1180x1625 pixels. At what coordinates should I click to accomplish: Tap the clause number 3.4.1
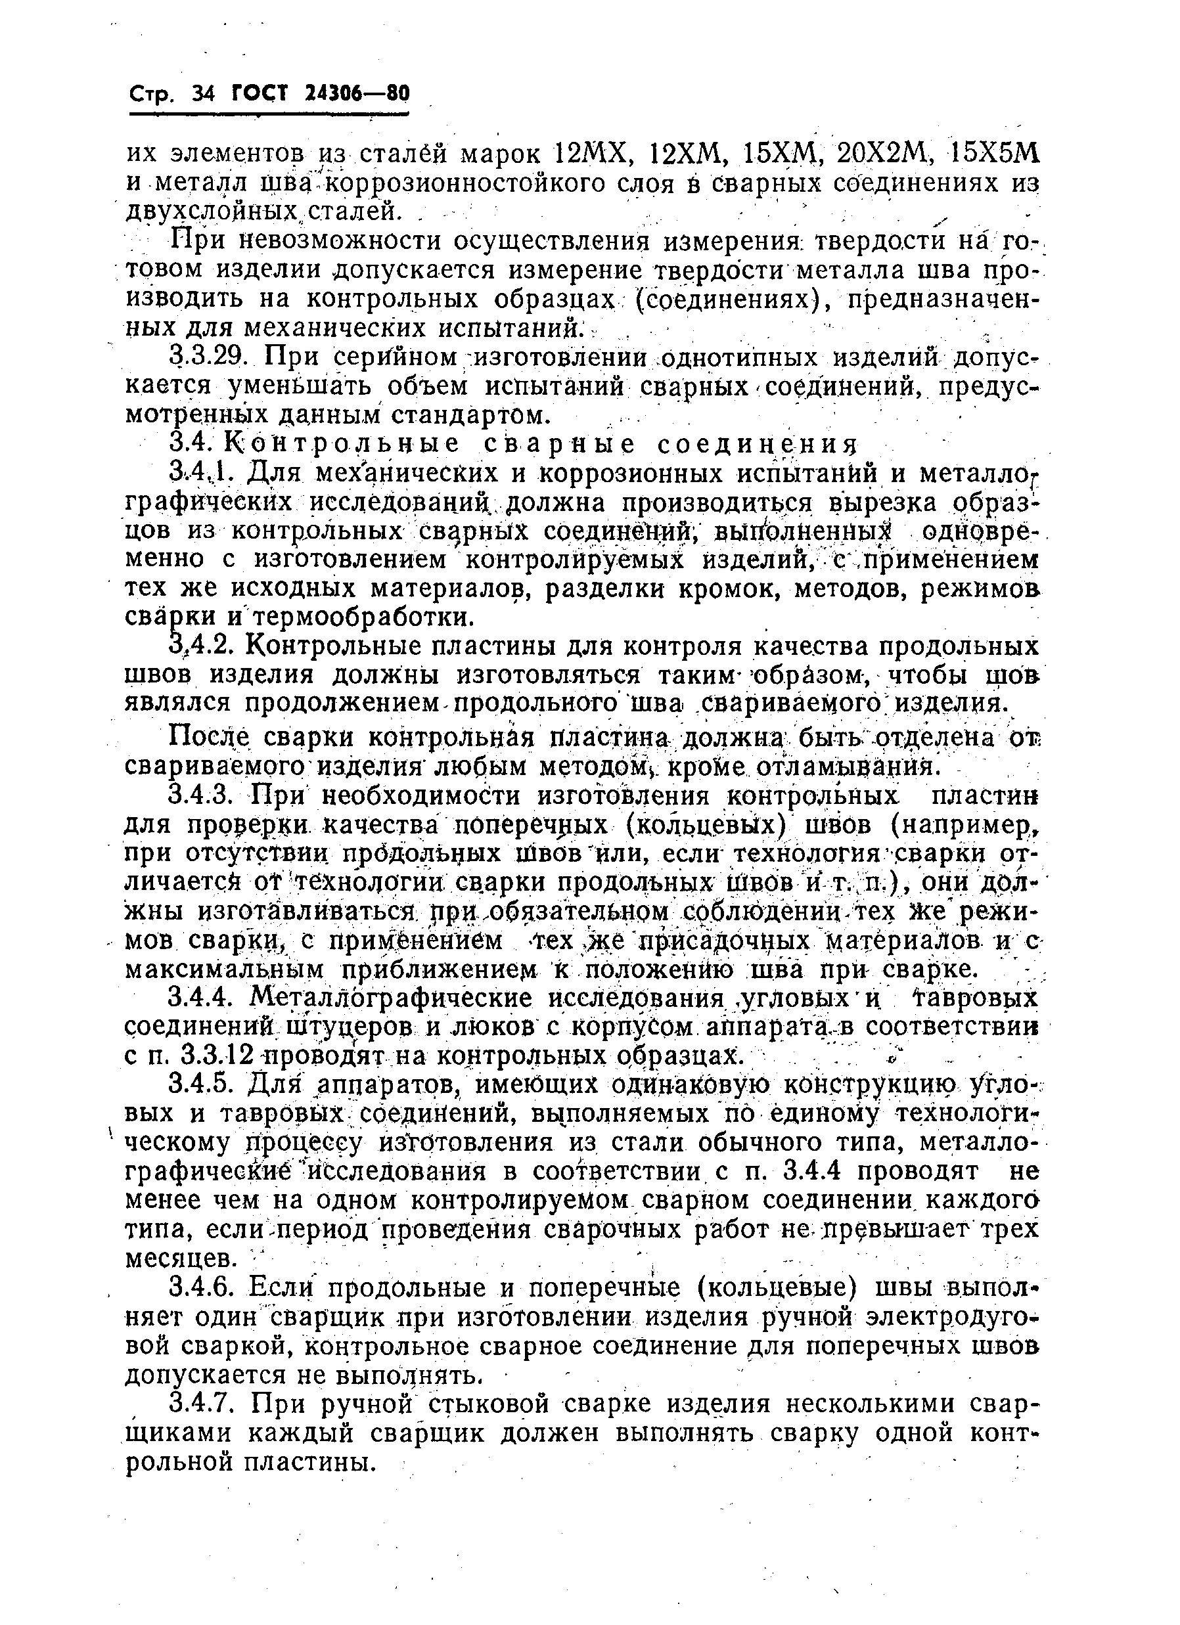tap(203, 473)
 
